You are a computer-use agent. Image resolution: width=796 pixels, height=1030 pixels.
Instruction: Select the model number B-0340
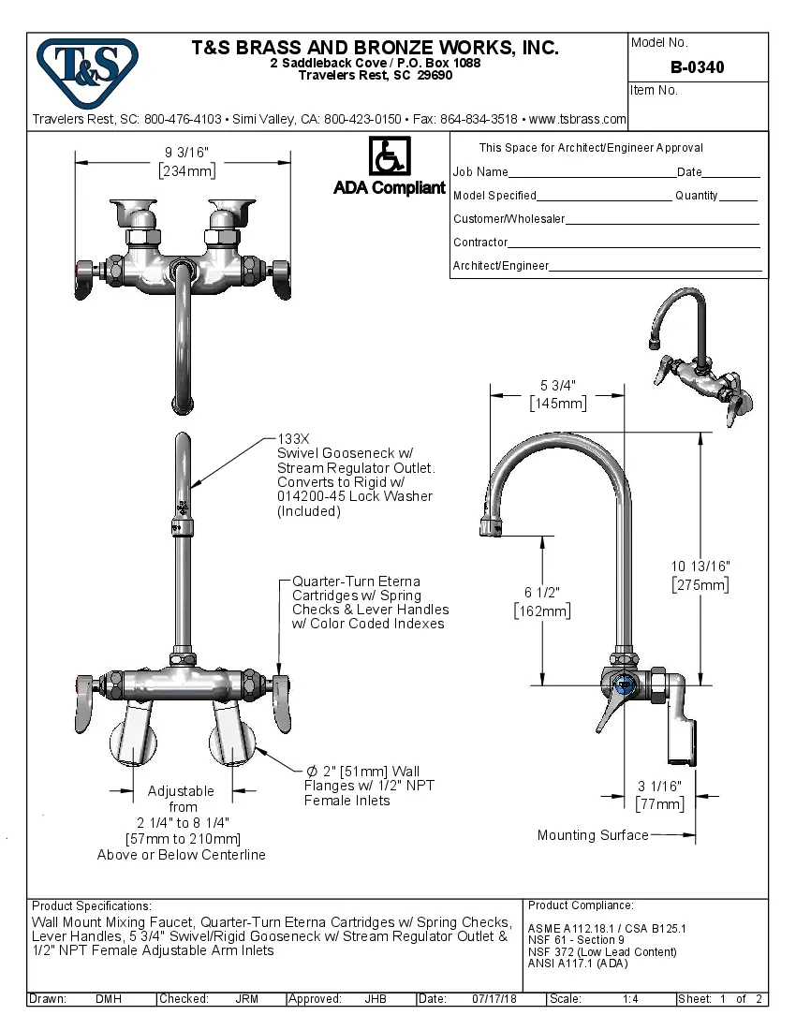[697, 67]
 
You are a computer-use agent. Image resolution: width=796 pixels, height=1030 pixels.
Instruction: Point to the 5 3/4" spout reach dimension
[557, 385]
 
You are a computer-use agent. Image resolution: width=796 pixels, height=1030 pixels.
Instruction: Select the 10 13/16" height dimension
[700, 566]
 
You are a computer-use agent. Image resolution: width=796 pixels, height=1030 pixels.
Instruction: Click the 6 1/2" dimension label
[542, 593]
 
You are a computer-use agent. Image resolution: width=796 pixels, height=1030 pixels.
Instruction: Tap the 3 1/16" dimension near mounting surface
[659, 787]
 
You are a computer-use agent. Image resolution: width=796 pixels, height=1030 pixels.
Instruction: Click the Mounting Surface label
[592, 835]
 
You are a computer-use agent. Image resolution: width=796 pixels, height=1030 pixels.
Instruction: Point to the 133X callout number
[296, 438]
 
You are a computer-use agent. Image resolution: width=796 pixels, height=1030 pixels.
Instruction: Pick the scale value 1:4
[630, 999]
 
